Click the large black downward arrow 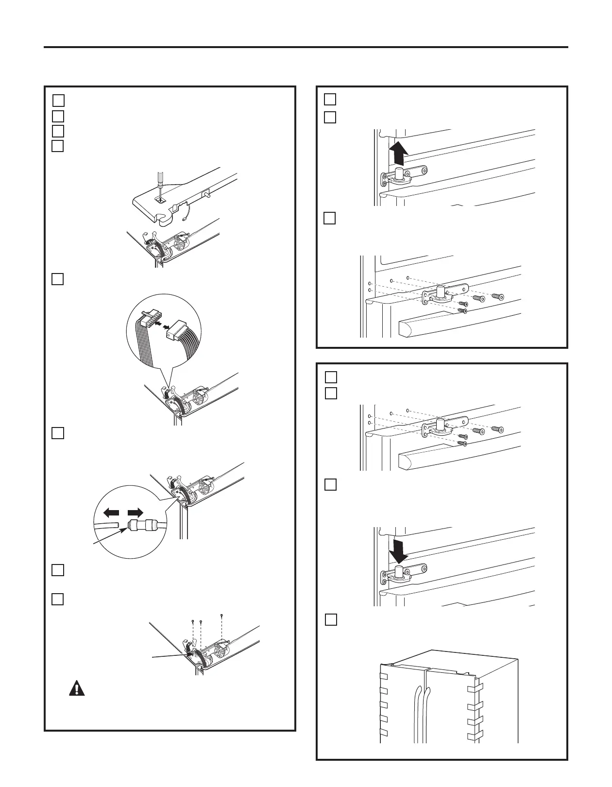[x=398, y=549]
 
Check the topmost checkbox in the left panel [x=58, y=100]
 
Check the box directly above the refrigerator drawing [x=330, y=619]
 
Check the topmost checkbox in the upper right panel [x=330, y=99]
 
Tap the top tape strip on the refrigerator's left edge [x=383, y=676]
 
